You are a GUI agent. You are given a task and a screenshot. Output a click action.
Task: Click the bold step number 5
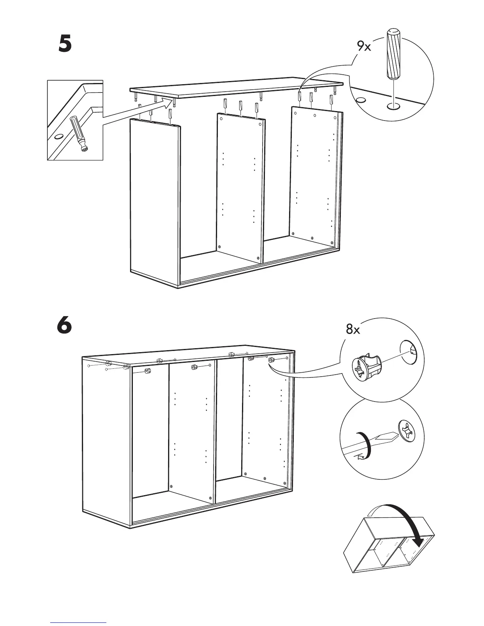pos(65,45)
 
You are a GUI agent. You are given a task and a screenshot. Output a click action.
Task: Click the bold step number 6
pos(64,326)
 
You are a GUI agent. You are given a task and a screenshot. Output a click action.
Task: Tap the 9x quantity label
pos(364,47)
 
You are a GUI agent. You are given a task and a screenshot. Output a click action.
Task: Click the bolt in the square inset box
pos(80,134)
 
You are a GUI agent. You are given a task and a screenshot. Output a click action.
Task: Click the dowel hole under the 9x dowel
pos(393,106)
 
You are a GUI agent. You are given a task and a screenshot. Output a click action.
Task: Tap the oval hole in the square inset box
pos(58,137)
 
